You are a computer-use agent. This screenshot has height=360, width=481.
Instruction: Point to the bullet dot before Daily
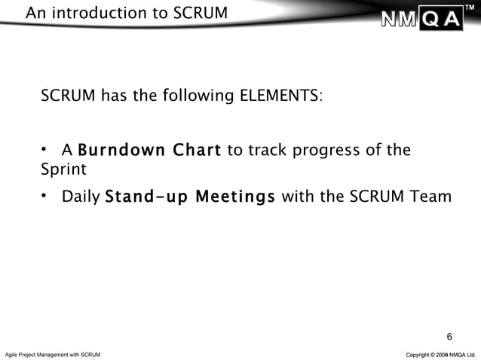44,196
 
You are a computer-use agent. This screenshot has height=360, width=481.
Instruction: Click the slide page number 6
450,335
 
